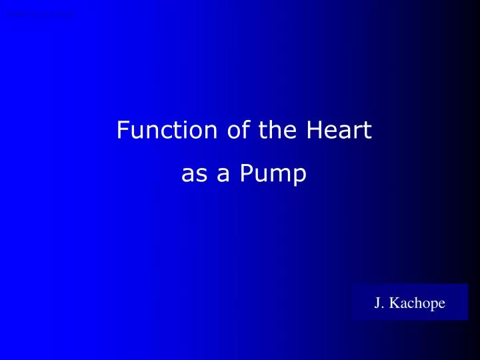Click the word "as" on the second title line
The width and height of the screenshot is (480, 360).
[192, 175]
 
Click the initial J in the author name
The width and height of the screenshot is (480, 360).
[377, 303]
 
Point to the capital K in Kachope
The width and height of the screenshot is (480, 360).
[393, 303]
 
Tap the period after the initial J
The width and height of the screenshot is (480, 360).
[383, 307]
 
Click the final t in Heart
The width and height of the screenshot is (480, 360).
[367, 130]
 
